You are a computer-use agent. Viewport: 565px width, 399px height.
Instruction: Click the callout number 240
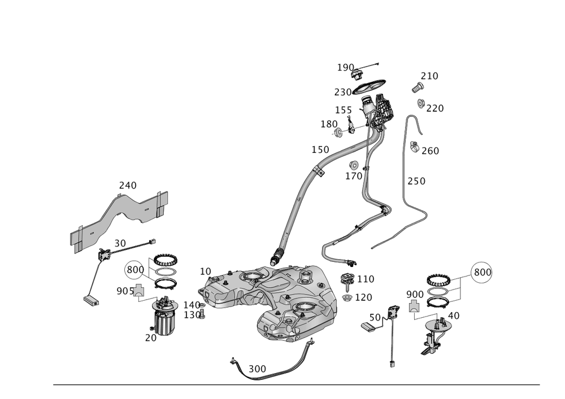pyautogui.click(x=128, y=185)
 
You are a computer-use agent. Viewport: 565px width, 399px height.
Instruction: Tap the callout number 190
pyautogui.click(x=345, y=68)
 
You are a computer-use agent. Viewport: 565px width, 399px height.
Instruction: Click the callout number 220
pyautogui.click(x=434, y=108)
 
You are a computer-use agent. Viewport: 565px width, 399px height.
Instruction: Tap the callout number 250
pyautogui.click(x=416, y=181)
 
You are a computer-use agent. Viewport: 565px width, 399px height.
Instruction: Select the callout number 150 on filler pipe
pyautogui.click(x=320, y=150)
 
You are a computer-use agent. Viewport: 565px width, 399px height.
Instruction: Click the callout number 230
pyautogui.click(x=342, y=91)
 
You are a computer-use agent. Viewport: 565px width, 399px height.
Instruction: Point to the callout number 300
pyautogui.click(x=257, y=368)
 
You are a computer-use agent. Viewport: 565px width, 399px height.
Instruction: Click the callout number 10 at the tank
pyautogui.click(x=205, y=271)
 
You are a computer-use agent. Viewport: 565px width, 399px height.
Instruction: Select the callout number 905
pyautogui.click(x=123, y=291)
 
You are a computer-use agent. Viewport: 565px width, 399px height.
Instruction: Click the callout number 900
pyautogui.click(x=415, y=295)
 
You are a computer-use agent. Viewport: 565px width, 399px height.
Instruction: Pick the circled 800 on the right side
pyautogui.click(x=482, y=272)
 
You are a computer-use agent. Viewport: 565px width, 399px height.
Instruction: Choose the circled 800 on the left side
pyautogui.click(x=135, y=270)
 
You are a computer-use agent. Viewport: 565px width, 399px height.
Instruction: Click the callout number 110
pyautogui.click(x=365, y=279)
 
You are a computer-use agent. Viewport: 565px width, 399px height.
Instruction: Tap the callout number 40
pyautogui.click(x=453, y=315)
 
